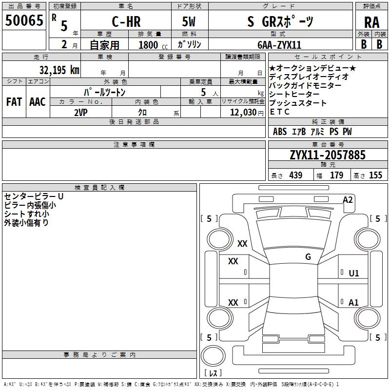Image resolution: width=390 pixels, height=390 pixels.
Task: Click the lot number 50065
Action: [24, 20]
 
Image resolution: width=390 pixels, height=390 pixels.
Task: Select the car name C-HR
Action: [126, 21]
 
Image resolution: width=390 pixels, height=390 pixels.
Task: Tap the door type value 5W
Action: [189, 21]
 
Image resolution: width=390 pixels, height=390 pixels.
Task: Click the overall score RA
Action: [371, 22]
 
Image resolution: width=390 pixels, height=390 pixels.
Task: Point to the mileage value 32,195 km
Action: [59, 70]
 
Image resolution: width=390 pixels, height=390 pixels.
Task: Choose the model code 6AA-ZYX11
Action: [279, 45]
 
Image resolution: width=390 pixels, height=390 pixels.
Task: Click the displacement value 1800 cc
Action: [153, 45]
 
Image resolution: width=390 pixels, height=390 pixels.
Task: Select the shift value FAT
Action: [14, 102]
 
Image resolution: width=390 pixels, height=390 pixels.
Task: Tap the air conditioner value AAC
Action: [38, 102]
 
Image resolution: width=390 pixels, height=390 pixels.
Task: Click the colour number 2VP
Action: [81, 113]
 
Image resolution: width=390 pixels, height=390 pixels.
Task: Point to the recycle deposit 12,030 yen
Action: [247, 113]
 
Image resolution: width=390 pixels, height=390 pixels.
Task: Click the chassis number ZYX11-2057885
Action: [328, 155]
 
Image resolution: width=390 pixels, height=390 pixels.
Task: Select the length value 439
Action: [296, 175]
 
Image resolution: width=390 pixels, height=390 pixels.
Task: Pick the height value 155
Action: [375, 175]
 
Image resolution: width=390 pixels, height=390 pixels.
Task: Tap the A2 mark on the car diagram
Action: [348, 200]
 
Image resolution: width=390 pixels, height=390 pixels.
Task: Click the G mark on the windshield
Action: [308, 256]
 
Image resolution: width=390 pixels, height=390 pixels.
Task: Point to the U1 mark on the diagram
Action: [354, 273]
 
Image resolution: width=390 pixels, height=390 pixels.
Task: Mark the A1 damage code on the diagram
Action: [353, 302]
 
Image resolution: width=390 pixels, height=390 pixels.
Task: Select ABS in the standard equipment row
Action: [280, 132]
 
